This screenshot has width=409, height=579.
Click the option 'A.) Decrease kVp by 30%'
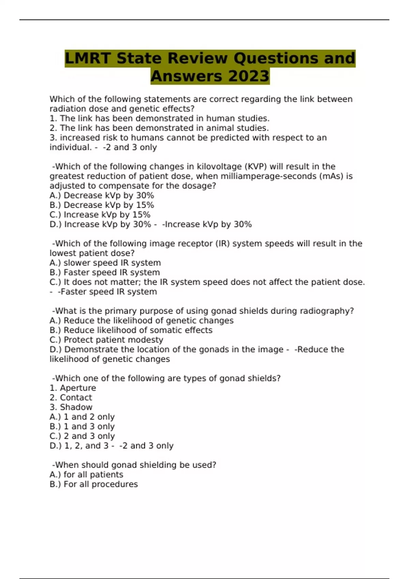[102, 195]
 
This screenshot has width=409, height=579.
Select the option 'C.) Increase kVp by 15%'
[100, 215]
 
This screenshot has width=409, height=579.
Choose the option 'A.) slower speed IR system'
[105, 263]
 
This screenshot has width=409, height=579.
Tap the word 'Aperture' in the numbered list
[78, 388]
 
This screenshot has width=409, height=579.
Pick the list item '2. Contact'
[71, 397]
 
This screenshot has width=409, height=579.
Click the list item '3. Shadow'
[71, 407]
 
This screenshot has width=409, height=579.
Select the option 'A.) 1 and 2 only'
[82, 417]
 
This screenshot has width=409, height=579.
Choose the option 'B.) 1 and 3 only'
[82, 426]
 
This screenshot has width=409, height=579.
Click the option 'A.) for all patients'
[86, 475]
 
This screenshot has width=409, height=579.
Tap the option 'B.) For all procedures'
[94, 484]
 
